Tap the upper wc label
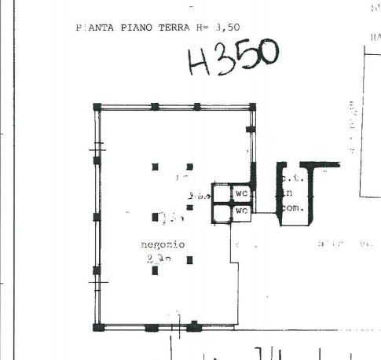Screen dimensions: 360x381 [x=242, y=193]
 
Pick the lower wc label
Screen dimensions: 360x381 [x=242, y=211]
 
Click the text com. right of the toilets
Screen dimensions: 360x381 [x=292, y=208]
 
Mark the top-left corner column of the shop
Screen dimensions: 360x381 [x=97, y=107]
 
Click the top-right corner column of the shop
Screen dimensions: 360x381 [x=251, y=107]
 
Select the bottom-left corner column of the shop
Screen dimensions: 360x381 [x=97, y=327]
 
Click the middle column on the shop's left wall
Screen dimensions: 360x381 [x=97, y=217]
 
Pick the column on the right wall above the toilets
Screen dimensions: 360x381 [x=251, y=129]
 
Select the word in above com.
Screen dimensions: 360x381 [x=289, y=193]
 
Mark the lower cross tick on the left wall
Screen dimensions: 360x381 [x=97, y=281]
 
